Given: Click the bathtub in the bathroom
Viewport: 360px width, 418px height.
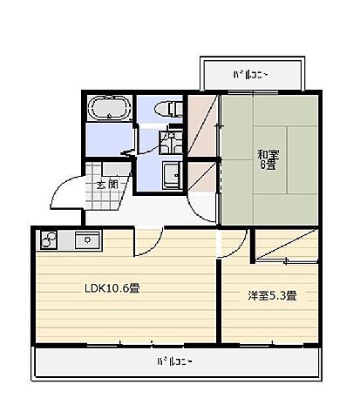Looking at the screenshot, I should tap(110, 111).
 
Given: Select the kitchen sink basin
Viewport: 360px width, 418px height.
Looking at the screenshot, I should tap(88, 239).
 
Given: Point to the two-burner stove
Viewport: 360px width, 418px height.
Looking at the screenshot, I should tap(49, 239).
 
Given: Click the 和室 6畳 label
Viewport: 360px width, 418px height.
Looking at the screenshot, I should tap(267, 160).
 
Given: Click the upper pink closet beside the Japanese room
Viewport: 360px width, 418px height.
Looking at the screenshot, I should tap(203, 126).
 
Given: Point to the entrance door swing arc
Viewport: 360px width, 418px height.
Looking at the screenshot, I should tap(61, 193).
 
